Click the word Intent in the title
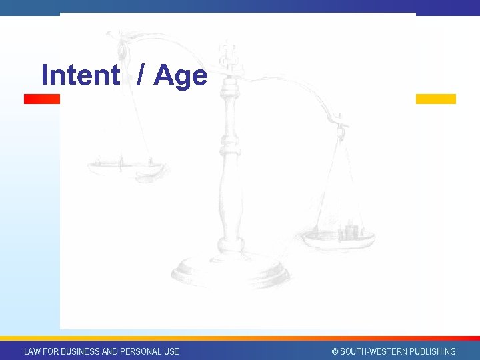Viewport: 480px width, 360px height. click(x=79, y=75)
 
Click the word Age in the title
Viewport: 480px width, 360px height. click(x=181, y=76)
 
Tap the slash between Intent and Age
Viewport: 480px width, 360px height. click(x=139, y=75)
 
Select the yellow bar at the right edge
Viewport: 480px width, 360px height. click(x=435, y=99)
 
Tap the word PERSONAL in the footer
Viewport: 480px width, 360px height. click(x=141, y=351)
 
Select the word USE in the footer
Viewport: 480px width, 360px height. click(x=171, y=351)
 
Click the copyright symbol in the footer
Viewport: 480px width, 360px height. click(x=335, y=351)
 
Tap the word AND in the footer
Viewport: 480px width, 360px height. click(x=110, y=351)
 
